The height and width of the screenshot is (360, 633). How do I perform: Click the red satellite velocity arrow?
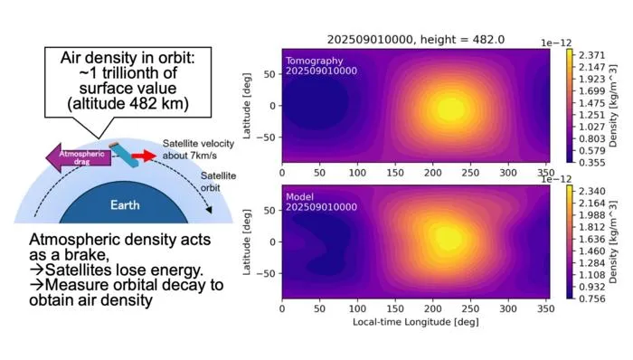point(144,156)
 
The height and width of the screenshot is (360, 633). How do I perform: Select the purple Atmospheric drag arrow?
point(79,157)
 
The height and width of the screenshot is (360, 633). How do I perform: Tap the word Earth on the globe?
point(125,205)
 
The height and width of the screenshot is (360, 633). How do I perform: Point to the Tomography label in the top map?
point(314,61)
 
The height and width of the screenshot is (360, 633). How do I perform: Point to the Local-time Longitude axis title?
point(415,322)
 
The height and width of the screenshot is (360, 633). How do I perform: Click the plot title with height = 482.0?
point(415,40)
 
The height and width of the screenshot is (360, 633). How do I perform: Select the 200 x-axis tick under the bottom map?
point(433,308)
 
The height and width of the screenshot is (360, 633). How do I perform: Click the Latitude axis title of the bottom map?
point(247,242)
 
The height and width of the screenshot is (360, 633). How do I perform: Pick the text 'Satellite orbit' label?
point(218,182)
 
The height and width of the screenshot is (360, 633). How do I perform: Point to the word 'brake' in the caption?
point(87,255)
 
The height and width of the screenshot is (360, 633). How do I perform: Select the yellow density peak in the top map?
point(449,109)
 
